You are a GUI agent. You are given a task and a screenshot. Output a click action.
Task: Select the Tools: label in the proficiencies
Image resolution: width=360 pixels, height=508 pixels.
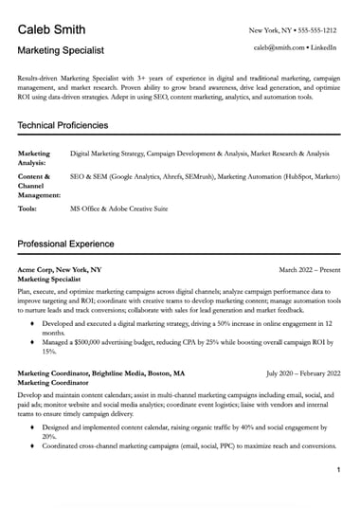(29, 208)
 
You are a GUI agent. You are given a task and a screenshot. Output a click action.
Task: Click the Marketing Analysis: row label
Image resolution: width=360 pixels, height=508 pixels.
(35, 157)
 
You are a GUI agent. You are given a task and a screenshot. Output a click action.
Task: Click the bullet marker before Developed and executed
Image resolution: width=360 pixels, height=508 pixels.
(33, 323)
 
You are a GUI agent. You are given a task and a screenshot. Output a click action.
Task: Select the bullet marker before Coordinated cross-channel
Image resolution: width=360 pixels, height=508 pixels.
(33, 419)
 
